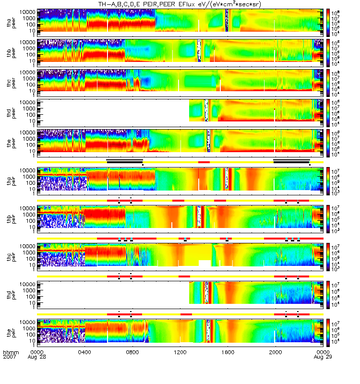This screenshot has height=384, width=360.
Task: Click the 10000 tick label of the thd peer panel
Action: tap(26, 102)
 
